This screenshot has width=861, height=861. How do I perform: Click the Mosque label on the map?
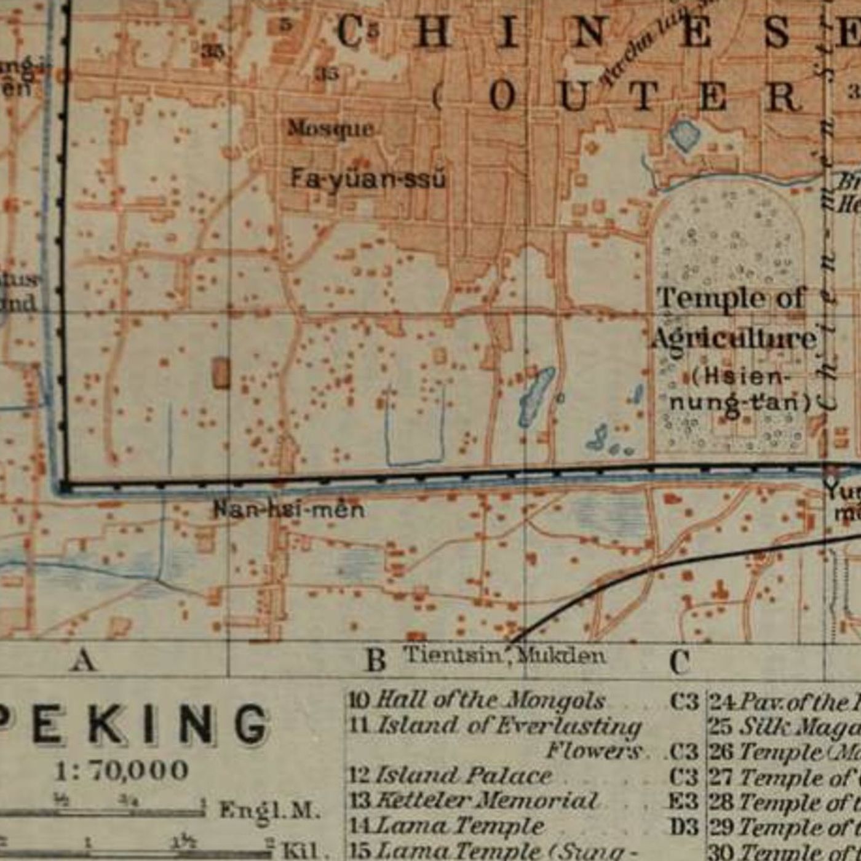330,129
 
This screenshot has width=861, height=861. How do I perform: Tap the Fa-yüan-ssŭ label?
367,180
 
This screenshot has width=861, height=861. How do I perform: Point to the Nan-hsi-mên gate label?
288,509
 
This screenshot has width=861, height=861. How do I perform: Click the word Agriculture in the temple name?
734,339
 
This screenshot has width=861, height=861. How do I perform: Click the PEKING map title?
132,725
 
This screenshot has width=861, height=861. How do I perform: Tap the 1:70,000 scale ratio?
122,770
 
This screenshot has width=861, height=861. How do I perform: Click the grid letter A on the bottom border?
84,661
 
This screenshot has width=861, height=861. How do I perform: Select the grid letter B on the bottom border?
376,661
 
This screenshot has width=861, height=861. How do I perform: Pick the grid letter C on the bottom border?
679,662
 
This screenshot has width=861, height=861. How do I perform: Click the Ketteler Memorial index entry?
486,801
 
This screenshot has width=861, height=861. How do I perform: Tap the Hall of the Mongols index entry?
490,700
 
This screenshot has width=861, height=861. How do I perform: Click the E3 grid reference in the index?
683,801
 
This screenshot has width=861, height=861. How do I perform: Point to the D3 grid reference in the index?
683,827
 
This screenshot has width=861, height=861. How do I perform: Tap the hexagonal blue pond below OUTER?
684,135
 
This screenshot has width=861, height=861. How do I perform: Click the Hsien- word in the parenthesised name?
738,376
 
